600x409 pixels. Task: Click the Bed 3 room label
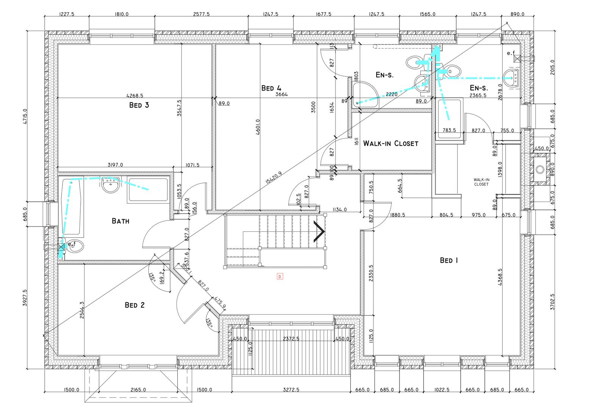point(139,105)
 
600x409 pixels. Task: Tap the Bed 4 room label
point(271,88)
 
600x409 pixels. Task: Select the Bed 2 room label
point(134,305)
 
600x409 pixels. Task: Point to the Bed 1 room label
point(449,260)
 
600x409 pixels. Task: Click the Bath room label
point(120,221)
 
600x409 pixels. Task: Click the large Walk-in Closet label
point(391,144)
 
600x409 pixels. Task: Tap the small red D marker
point(280,276)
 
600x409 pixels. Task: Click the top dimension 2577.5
point(202,14)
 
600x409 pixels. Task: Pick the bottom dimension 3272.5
point(291,390)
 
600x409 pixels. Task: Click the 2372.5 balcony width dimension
point(291,339)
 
